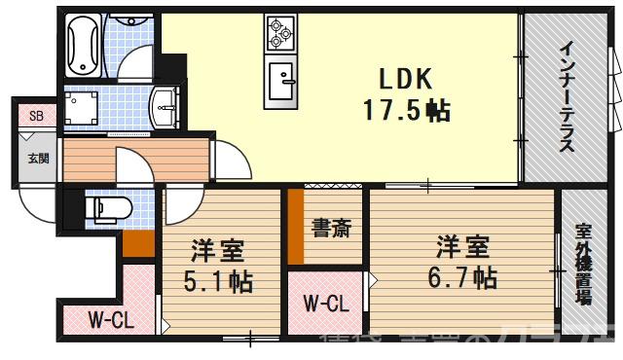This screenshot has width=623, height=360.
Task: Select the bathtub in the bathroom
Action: point(82,43)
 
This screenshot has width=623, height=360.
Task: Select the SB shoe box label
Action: point(36,116)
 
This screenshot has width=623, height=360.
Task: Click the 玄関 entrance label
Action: point(37,159)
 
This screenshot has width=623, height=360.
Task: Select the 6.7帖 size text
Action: point(463,277)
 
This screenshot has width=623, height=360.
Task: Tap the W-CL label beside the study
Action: point(326,304)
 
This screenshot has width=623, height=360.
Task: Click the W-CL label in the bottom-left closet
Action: point(110,319)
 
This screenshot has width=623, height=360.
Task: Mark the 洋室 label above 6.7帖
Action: point(461,244)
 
